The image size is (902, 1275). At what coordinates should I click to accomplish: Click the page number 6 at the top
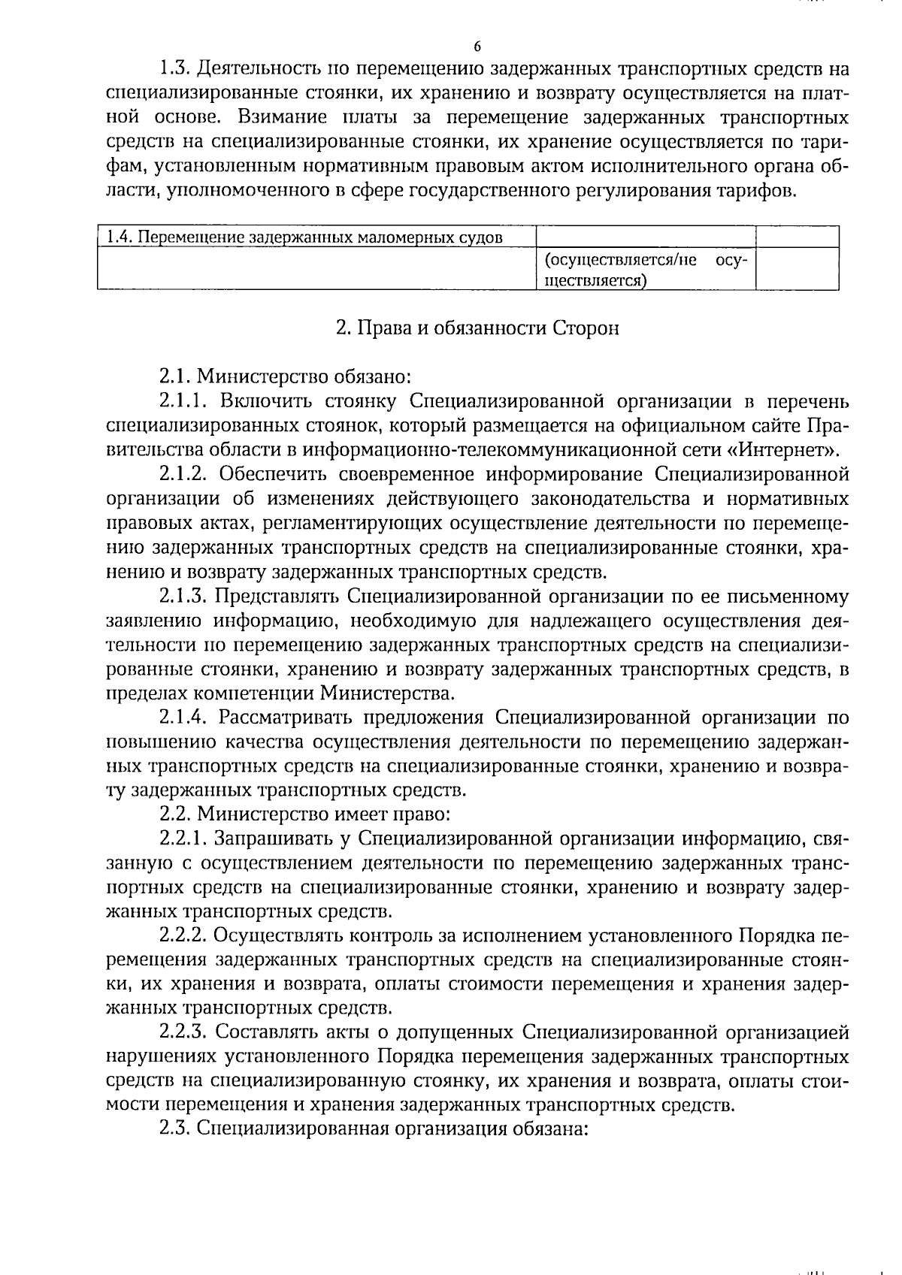pyautogui.click(x=477, y=47)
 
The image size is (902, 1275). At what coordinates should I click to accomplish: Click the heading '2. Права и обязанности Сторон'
pyautogui.click(x=477, y=329)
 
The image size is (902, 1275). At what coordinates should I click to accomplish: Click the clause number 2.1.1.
pyautogui.click(x=183, y=402)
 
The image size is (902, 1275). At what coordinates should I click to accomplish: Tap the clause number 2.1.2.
pyautogui.click(x=183, y=475)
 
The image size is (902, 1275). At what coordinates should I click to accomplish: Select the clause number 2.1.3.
pyautogui.click(x=183, y=597)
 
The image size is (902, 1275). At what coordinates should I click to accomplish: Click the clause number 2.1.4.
pyautogui.click(x=183, y=718)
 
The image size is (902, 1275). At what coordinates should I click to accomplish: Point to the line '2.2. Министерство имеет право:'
pyautogui.click(x=305, y=814)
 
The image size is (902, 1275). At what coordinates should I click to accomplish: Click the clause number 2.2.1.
pyautogui.click(x=183, y=839)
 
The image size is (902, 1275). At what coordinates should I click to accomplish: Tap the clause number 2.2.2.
pyautogui.click(x=183, y=936)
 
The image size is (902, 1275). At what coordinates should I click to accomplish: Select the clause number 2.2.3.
pyautogui.click(x=183, y=1033)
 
